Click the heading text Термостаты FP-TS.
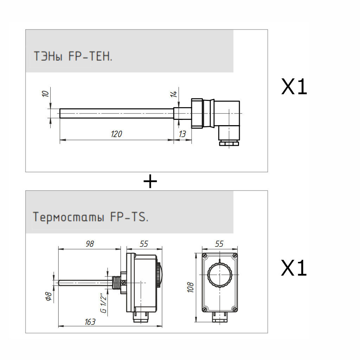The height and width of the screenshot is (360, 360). point(91,217)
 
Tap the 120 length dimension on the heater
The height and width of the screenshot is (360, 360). point(116,134)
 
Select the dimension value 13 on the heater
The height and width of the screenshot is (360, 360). point(182,134)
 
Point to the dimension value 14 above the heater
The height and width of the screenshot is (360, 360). point(173,94)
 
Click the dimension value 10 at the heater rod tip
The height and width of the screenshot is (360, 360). point(45,94)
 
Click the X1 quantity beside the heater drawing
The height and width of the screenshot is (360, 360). point(294,87)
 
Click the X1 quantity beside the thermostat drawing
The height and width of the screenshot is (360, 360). point(294,269)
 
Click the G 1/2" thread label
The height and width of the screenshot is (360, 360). point(103,303)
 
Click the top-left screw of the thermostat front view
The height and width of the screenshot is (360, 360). point(204,255)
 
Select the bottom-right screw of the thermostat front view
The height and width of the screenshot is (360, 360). point(234,309)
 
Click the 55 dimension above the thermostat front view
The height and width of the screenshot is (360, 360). point(219,244)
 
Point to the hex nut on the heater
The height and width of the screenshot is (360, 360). point(197,113)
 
